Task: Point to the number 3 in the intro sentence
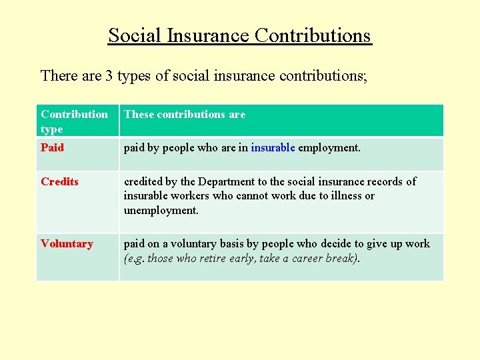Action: coord(108,75)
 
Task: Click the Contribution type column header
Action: coord(74,121)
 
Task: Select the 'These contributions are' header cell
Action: coord(185,114)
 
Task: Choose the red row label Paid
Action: coord(52,147)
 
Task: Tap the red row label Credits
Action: coord(59,181)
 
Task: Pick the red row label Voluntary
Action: coord(67,243)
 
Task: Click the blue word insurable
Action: coord(273,147)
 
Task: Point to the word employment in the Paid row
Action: coord(329,147)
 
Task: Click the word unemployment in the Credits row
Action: coord(161,210)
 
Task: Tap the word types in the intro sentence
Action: coord(134,75)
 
